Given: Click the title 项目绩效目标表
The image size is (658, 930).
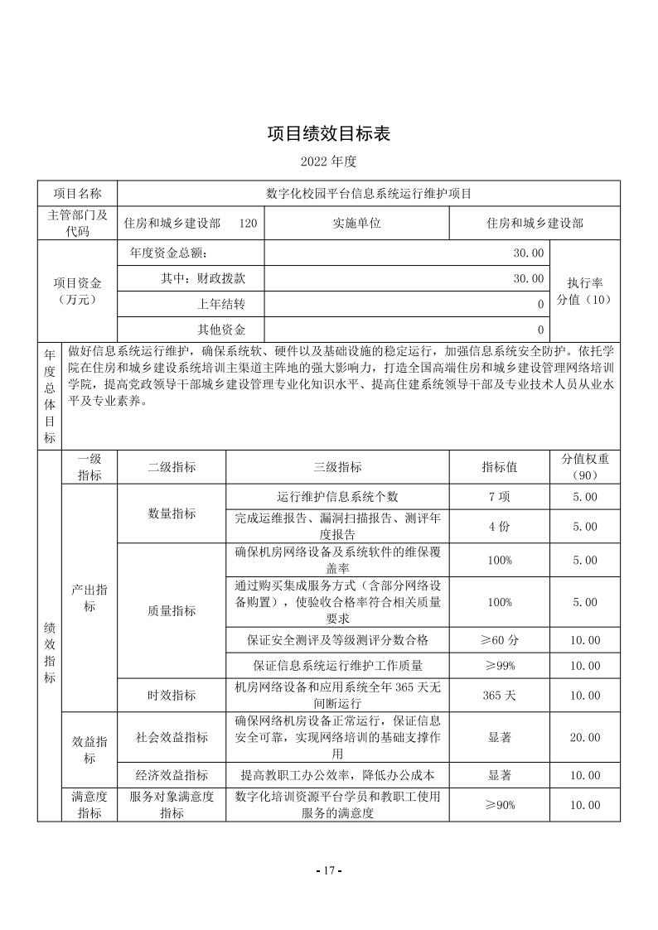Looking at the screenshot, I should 328,133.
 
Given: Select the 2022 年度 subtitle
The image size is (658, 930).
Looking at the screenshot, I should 328,159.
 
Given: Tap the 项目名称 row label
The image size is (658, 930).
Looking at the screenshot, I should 78,193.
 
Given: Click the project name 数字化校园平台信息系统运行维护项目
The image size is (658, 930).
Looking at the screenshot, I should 369,193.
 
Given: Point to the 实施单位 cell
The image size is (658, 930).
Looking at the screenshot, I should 356,223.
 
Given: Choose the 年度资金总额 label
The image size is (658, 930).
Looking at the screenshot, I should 169,253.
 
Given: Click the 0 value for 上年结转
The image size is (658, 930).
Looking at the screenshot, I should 540,304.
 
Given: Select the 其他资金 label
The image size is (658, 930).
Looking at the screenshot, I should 220,329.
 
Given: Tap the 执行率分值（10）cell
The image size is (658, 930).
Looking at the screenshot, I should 584,290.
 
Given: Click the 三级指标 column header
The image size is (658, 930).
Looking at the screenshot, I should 337,467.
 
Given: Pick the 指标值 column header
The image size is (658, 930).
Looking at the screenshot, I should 499,467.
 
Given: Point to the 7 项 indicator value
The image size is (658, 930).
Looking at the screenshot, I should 499,497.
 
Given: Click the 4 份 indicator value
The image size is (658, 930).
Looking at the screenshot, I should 499,526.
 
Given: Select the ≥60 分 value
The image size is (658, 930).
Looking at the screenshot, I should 499,639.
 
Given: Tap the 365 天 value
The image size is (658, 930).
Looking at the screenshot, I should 499,695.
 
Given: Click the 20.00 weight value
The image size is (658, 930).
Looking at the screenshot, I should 584,737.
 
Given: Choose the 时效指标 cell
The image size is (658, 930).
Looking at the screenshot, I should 172,695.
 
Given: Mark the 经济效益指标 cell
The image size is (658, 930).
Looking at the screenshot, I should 172,775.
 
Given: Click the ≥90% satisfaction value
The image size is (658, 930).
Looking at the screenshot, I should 499,804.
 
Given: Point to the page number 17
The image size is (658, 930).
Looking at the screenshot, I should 329,870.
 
